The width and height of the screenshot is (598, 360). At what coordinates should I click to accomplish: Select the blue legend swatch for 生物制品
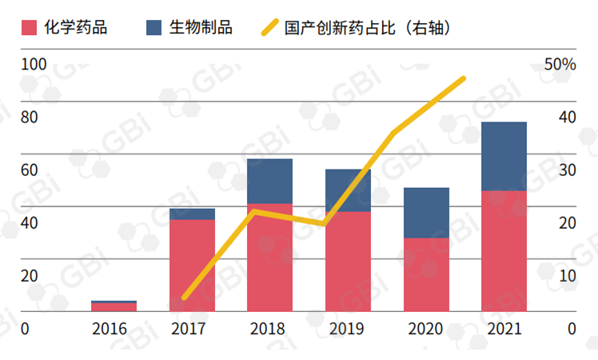pyautogui.click(x=155, y=28)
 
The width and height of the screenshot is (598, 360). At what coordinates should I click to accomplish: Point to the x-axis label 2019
pyautogui.click(x=346, y=329)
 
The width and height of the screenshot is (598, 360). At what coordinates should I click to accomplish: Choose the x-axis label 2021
pyautogui.click(x=504, y=329)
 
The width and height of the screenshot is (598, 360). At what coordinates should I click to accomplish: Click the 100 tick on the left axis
pyautogui.click(x=34, y=64)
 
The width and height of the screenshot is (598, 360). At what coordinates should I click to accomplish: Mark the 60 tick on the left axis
pyautogui.click(x=30, y=170)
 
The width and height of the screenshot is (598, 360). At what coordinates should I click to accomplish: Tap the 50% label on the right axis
pyautogui.click(x=560, y=64)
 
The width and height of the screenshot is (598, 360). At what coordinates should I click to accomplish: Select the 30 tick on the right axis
pyautogui.click(x=567, y=170)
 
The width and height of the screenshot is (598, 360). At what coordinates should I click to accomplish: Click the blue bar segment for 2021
pyautogui.click(x=504, y=156)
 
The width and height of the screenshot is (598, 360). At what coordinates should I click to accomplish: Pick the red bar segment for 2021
pyautogui.click(x=504, y=250)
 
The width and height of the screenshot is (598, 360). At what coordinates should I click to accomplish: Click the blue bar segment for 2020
pyautogui.click(x=425, y=212)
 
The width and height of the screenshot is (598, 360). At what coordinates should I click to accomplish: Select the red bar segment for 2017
pyautogui.click(x=192, y=265)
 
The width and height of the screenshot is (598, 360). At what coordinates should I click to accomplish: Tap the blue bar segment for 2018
pyautogui.click(x=269, y=181)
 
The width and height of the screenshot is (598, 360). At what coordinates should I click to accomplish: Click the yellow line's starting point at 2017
pyautogui.click(x=185, y=298)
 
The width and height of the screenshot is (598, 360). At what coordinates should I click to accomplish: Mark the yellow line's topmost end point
pyautogui.click(x=464, y=78)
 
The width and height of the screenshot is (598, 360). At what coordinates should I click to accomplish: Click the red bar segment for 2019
pyautogui.click(x=348, y=261)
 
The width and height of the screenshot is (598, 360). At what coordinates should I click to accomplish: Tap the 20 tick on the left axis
pyautogui.click(x=30, y=275)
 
